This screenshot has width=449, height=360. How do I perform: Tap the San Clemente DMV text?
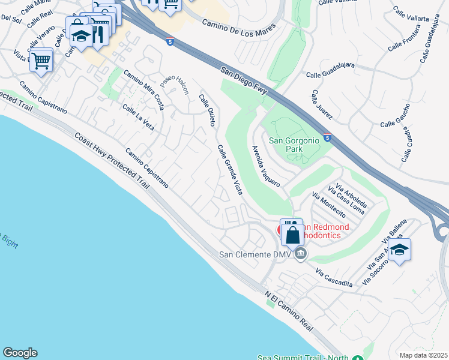(255, 254)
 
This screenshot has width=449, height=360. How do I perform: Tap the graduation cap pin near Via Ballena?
(399, 250)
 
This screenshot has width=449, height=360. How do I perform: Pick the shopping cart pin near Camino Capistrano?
(41, 60)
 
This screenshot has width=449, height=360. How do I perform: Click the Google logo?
(20, 353)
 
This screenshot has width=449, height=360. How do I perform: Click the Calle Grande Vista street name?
(230, 169)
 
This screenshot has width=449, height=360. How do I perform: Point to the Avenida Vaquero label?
(265, 166)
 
